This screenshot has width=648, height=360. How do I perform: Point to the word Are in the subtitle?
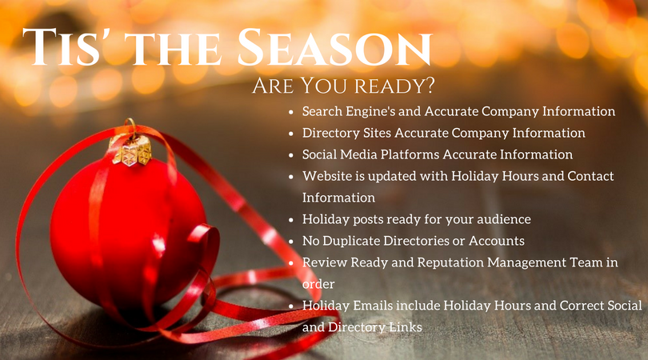pyautogui.click(x=273, y=86)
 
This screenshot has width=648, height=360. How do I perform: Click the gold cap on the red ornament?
pyautogui.click(x=132, y=149)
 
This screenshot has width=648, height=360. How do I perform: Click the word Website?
pyautogui.click(x=329, y=176)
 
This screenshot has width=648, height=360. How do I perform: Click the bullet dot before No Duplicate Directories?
pyautogui.click(x=291, y=241)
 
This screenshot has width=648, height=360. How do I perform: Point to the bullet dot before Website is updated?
pyautogui.click(x=291, y=176)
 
